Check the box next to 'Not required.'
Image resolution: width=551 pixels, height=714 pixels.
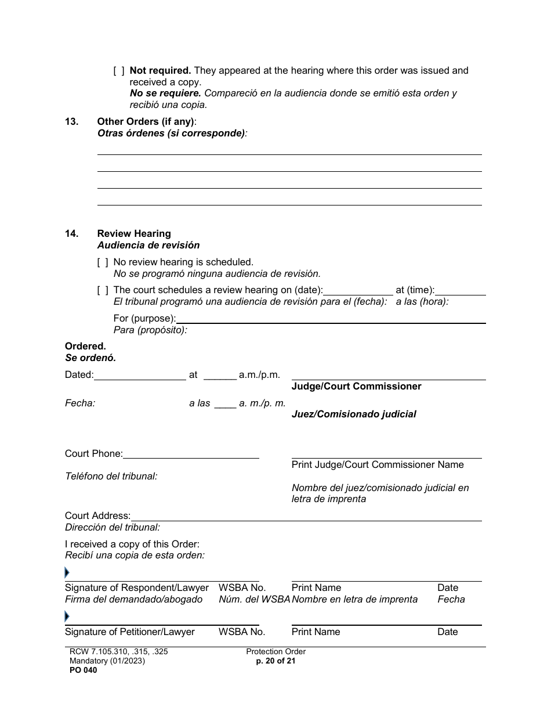pyautogui.click(x=118, y=71)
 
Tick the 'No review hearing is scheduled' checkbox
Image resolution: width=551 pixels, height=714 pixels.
pyautogui.click(x=103, y=262)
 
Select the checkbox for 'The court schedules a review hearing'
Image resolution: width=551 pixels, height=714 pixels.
pyautogui.click(x=103, y=290)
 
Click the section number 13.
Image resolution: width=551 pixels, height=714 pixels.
pyautogui.click(x=71, y=122)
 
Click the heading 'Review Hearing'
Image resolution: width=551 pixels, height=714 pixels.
pyautogui.click(x=134, y=233)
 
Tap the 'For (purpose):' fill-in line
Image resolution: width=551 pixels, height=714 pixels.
pyautogui.click(x=331, y=319)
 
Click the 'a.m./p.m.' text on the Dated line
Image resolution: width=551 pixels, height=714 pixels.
pyautogui.click(x=259, y=375)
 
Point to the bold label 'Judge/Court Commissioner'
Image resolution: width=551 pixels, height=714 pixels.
pyautogui.click(x=356, y=387)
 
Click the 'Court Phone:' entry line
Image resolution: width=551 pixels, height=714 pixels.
pyautogui.click(x=191, y=455)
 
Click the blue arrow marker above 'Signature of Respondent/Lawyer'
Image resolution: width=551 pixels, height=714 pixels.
pyautogui.click(x=67, y=574)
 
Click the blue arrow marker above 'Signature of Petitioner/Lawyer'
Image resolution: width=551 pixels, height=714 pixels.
pyautogui.click(x=67, y=617)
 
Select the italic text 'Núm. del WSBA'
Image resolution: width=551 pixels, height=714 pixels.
pyautogui.click(x=254, y=599)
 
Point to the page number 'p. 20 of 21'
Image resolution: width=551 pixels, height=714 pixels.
pyautogui.click(x=275, y=661)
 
